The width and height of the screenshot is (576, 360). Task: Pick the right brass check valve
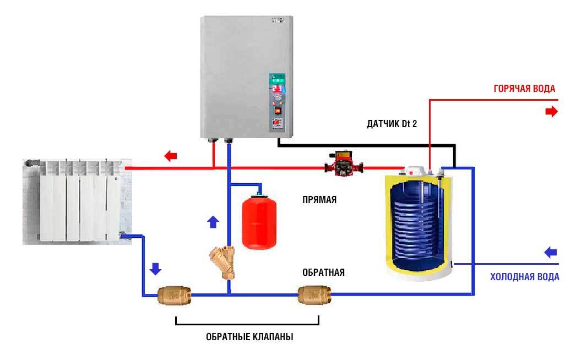coord(313,294)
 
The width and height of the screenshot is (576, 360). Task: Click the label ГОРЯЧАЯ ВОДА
coord(523,89)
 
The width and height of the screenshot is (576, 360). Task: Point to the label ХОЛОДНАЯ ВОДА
coord(524,277)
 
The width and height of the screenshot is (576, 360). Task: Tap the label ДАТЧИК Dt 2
coord(392,124)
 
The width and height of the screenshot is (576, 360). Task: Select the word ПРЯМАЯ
coord(319,200)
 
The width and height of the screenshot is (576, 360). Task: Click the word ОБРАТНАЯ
coord(323,272)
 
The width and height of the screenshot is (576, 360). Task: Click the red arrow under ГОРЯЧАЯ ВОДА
coord(551,112)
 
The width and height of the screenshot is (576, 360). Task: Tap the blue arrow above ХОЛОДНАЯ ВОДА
coord(551,253)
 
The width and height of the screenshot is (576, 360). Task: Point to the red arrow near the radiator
coord(171,156)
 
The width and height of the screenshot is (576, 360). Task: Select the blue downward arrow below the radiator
coord(156,269)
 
